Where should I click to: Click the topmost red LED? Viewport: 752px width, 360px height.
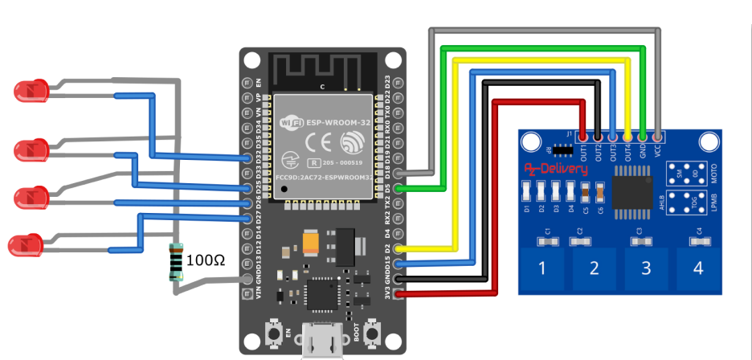pos(31,91)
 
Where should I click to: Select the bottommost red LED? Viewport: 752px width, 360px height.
pos(25,245)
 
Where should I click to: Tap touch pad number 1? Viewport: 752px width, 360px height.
pos(542,268)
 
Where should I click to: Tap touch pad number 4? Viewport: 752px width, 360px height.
pos(697,268)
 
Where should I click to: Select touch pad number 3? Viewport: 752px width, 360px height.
pos(645,268)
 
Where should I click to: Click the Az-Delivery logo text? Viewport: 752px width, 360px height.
pos(556,170)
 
